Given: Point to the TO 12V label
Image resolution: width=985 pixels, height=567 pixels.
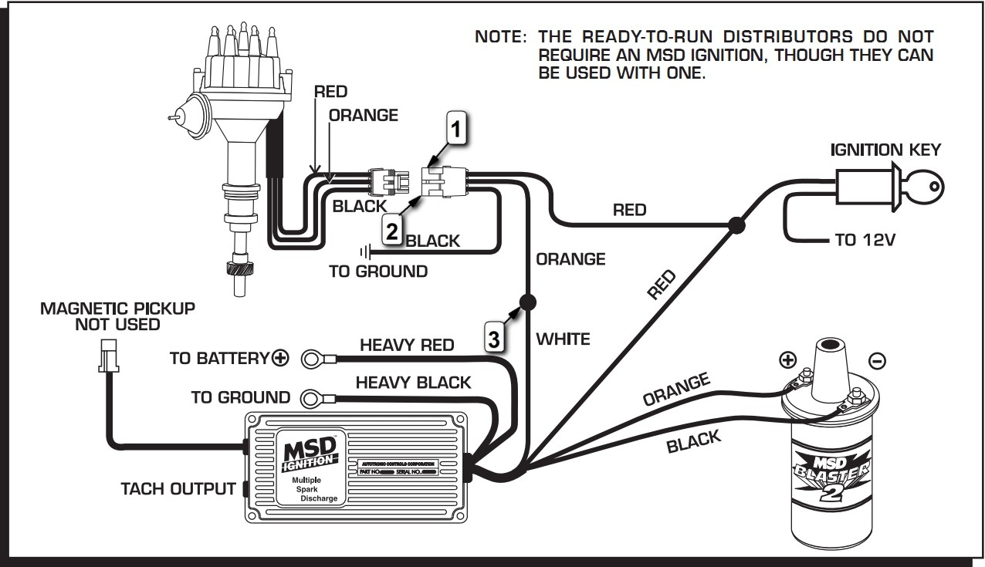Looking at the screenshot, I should (865, 240).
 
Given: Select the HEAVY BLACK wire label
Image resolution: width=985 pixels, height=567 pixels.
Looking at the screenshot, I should (413, 382).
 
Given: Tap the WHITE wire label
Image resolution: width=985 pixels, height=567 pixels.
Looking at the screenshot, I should (563, 338).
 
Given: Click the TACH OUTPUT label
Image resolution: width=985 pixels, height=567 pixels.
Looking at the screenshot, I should (178, 489).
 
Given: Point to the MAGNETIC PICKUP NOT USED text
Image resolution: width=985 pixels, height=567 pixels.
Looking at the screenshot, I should (118, 316).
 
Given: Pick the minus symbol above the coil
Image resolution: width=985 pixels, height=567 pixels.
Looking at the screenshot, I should (877, 360).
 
